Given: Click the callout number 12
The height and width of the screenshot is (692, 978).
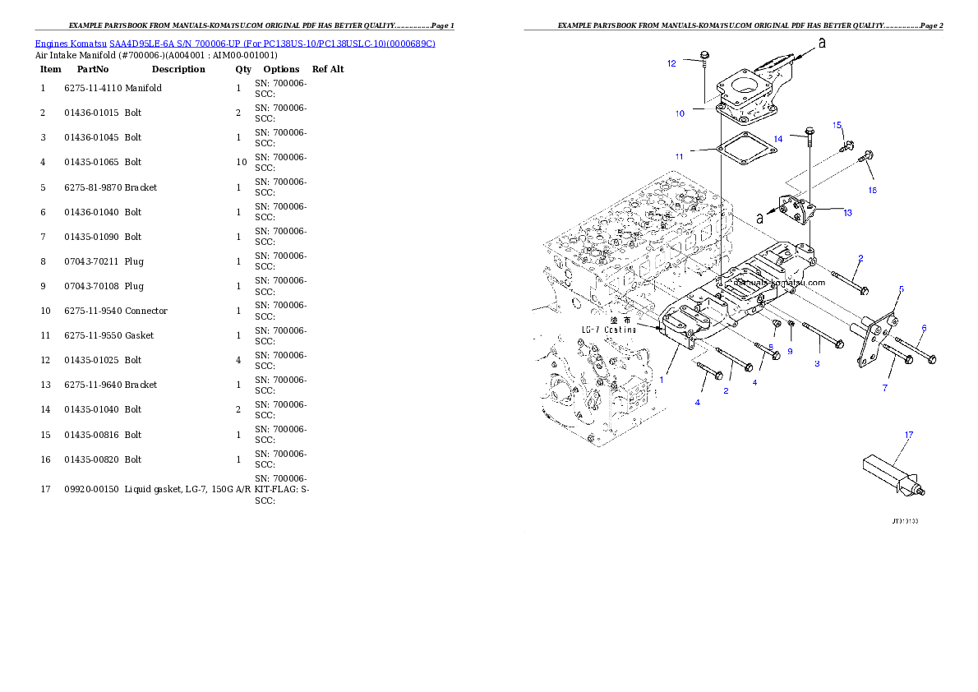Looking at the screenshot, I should pos(671,63).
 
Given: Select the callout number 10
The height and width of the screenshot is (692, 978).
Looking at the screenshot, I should pos(680,113).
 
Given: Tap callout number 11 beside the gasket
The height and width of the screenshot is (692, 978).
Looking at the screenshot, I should pos(679,156).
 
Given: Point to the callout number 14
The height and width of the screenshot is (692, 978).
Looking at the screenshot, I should pos(777,140).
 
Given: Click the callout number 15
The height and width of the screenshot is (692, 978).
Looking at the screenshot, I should pos(837,125).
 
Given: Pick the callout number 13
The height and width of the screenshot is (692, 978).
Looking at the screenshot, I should pos(847,213).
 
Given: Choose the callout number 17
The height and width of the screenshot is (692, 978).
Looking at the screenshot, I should pos(909,434).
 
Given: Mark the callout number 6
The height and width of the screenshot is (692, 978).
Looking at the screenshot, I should pos(923,328).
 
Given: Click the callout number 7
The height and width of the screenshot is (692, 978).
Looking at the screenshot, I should pos(884,387).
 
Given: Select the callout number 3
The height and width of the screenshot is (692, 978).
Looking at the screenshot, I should pos(817,363).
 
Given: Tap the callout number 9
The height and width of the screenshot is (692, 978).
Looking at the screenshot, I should pos(790,351).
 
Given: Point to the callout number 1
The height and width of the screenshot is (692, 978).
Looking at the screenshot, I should pos(661,381).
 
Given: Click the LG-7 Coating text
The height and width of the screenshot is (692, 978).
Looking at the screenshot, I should pos(608,329).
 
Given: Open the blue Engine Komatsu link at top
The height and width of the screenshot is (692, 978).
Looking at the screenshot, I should pos(235,43).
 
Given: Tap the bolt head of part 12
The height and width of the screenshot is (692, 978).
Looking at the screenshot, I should pos(704,54).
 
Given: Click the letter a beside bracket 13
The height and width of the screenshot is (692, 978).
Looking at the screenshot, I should pos(760,218).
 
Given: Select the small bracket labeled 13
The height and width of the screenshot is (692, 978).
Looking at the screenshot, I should pos(796,213).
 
